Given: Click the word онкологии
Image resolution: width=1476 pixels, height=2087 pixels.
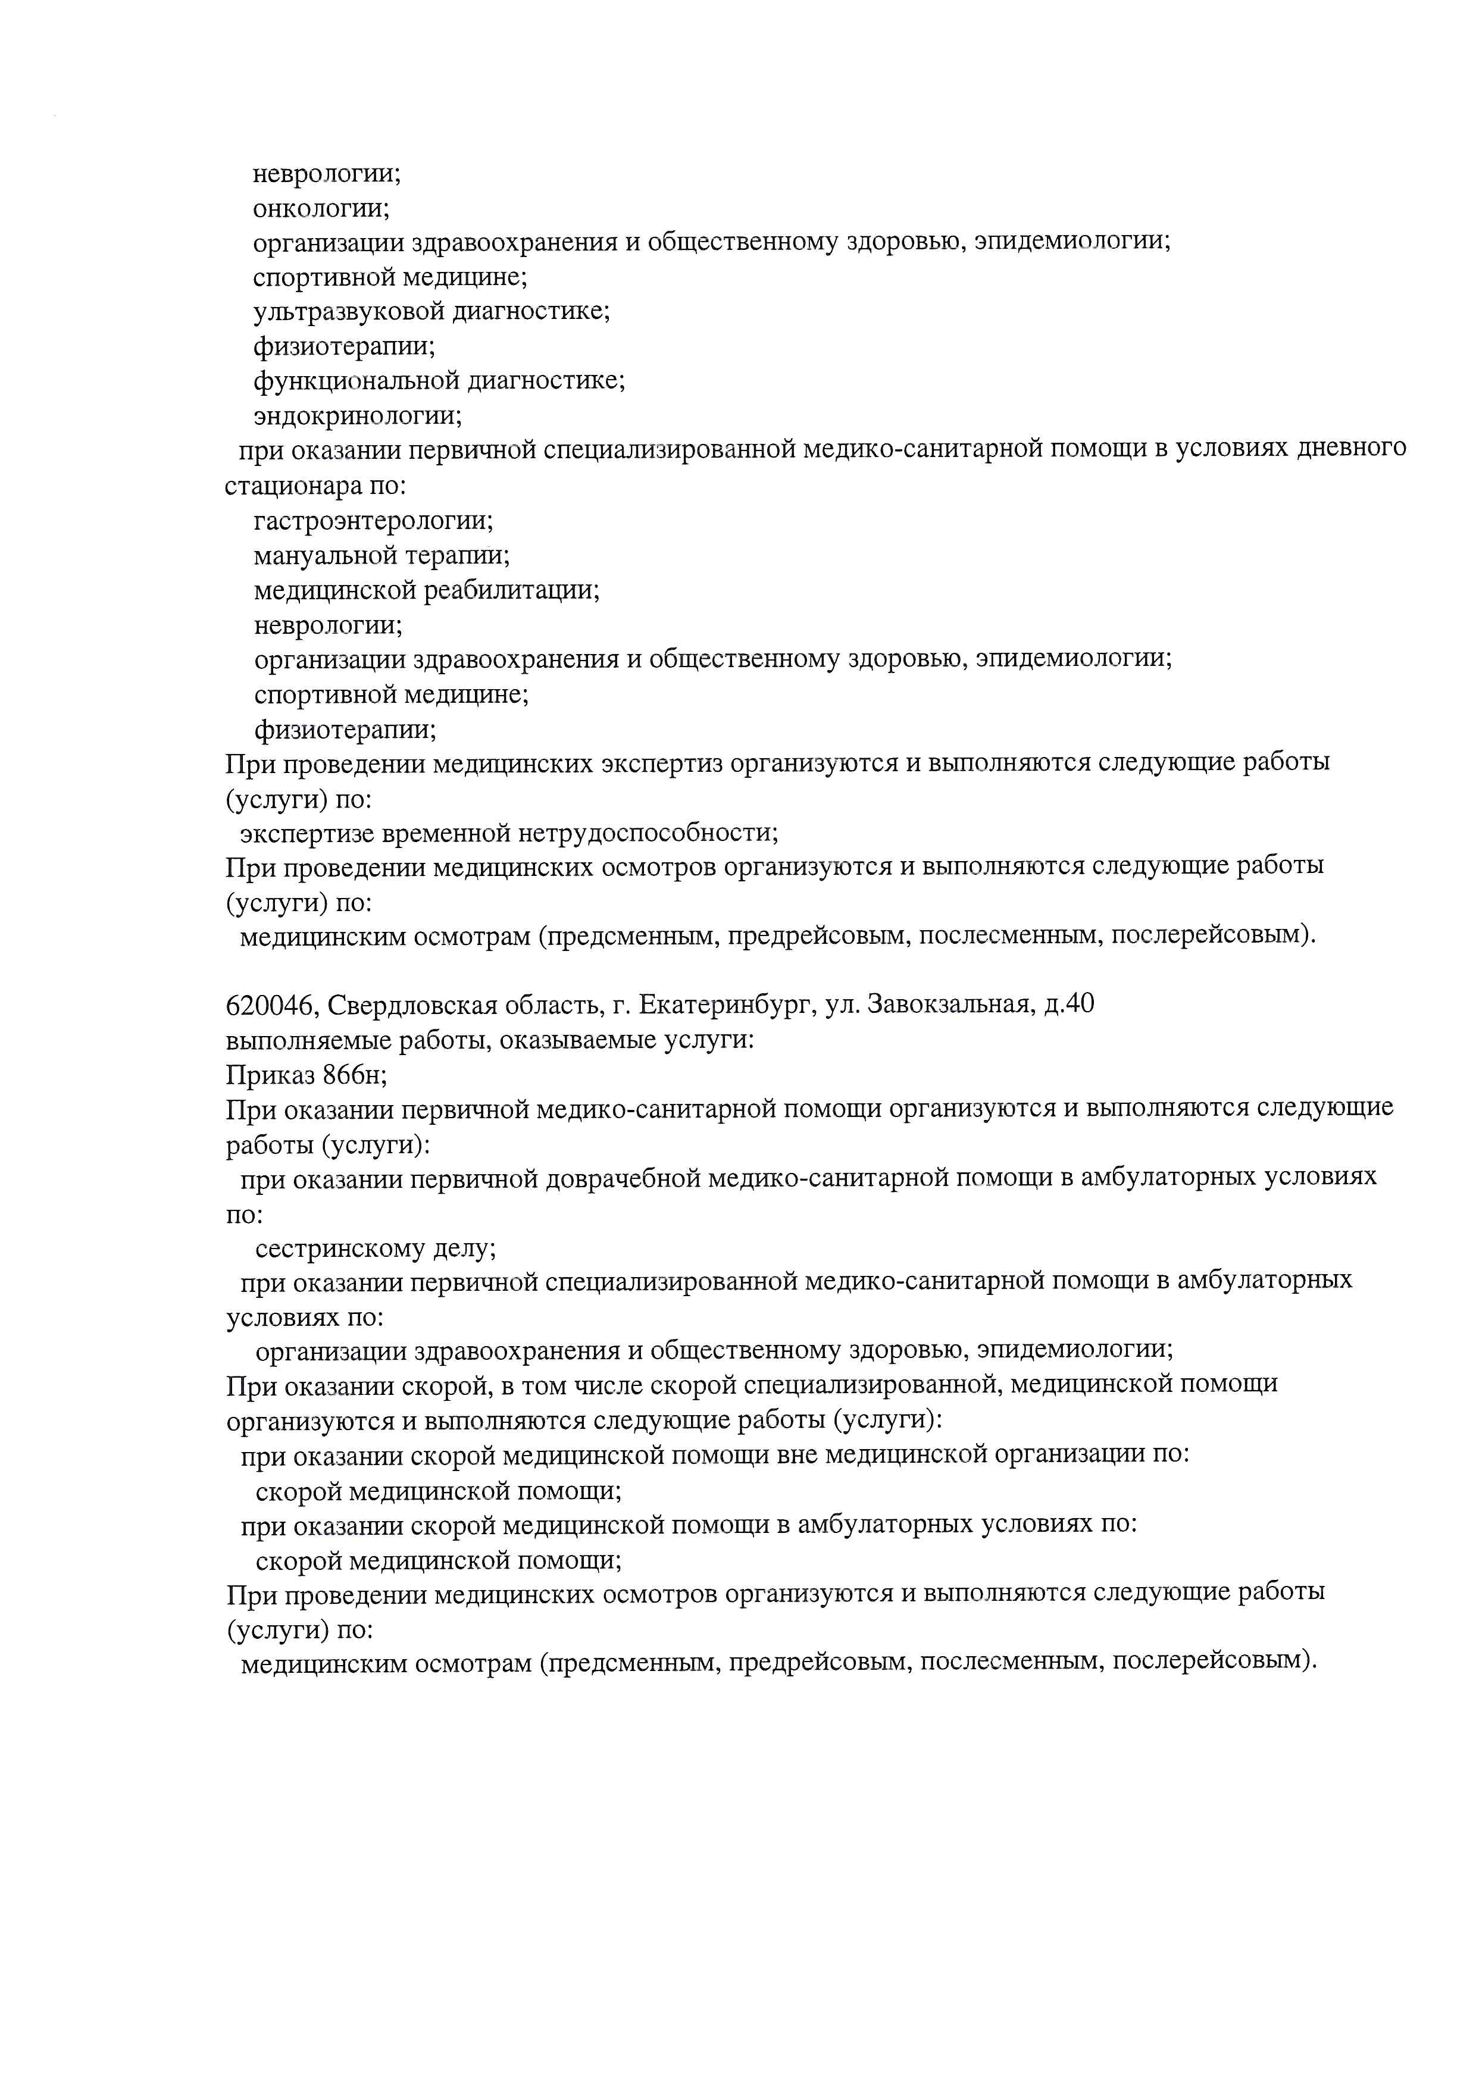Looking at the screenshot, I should (x=320, y=208).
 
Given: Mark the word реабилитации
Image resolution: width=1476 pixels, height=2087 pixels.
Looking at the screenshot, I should (x=511, y=591).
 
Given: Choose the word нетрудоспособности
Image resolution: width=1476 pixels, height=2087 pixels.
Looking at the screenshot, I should (x=647, y=833).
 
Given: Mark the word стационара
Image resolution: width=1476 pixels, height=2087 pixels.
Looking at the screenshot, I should (x=293, y=486).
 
